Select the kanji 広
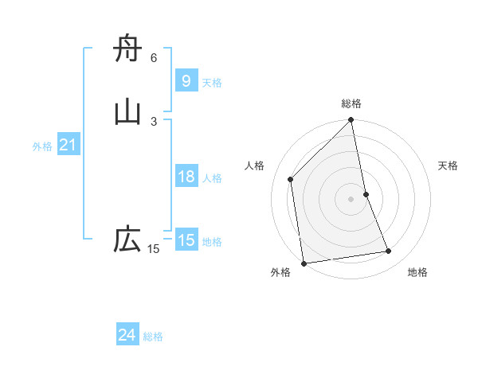(x=127, y=240)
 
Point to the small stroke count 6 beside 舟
(x=154, y=58)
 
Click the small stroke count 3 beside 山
(x=154, y=121)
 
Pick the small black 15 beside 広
(x=154, y=249)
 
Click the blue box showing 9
(x=186, y=80)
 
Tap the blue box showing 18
(x=186, y=177)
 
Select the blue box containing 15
(x=186, y=240)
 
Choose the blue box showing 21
(x=68, y=145)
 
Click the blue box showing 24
(x=127, y=335)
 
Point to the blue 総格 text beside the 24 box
(x=153, y=337)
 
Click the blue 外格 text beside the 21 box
(x=42, y=146)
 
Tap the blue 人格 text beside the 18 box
(x=212, y=178)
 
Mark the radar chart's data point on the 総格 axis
(x=351, y=121)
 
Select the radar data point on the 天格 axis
(x=366, y=194)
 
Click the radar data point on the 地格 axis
(x=389, y=251)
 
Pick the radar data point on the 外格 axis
(x=304, y=263)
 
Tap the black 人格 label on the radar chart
(x=254, y=166)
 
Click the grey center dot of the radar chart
(x=351, y=199)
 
